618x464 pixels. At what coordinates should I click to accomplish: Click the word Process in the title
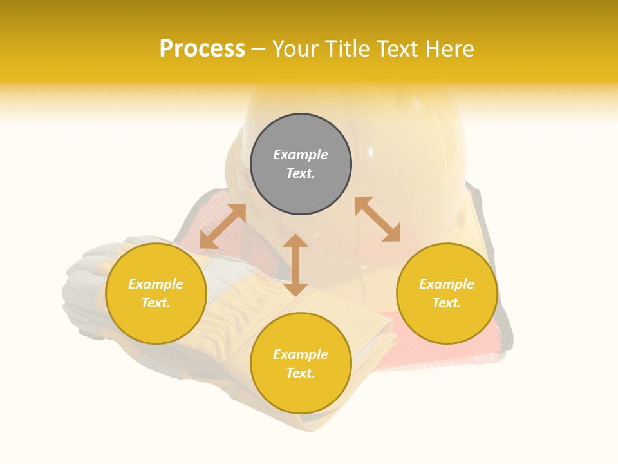(x=202, y=49)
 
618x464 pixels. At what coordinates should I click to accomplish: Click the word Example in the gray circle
(x=301, y=155)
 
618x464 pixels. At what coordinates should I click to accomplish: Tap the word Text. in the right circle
(x=447, y=303)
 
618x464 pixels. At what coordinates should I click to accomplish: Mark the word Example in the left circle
(x=156, y=284)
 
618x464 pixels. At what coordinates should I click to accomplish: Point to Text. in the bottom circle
(x=301, y=373)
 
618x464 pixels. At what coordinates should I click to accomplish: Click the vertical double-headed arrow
(x=295, y=265)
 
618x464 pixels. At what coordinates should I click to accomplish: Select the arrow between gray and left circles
(x=223, y=226)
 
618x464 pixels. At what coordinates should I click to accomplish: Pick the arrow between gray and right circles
(x=377, y=219)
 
